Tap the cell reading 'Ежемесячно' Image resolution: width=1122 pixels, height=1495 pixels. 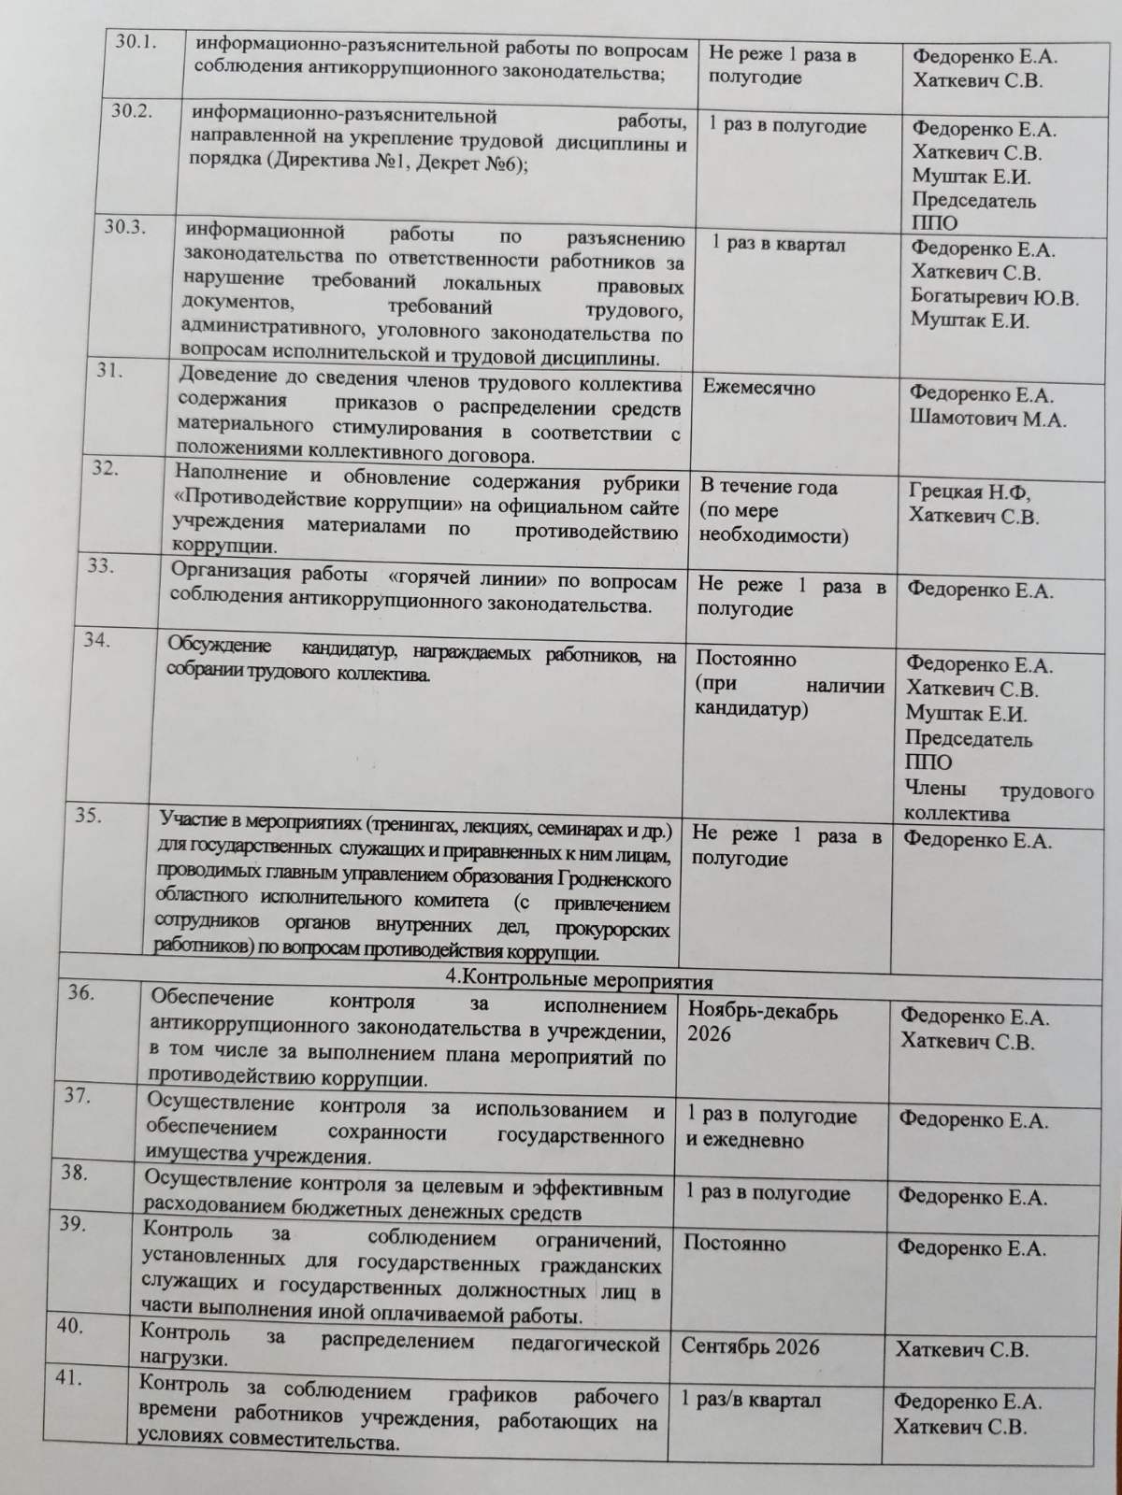pos(758,388)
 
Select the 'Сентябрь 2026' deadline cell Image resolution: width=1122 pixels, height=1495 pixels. pos(750,1346)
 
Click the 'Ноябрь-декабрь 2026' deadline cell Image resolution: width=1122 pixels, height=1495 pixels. pos(762,1022)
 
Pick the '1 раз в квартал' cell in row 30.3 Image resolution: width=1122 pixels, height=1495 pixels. pos(778,244)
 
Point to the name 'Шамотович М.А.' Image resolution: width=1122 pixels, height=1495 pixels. pos(987,419)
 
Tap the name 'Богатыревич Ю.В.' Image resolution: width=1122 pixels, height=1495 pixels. pos(994,298)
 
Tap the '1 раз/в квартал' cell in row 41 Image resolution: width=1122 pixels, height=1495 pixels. pos(751,1400)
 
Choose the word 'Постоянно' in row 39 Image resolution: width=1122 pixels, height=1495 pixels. pos(734,1244)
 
